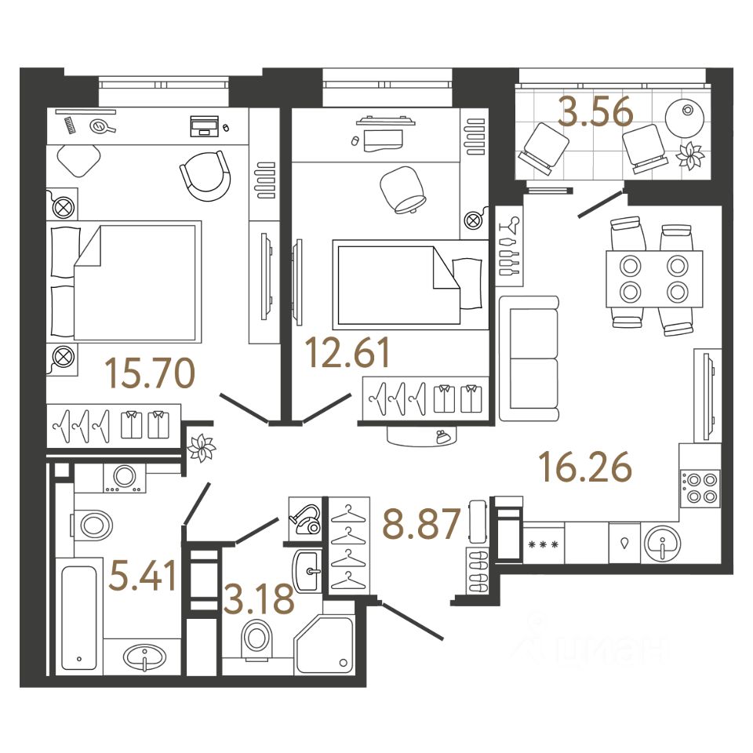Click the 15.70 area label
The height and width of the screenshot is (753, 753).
[x=151, y=375]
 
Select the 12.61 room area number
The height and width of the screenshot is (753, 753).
[x=348, y=353]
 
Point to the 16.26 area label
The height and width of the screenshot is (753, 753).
[x=584, y=468]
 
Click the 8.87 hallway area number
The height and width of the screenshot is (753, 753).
[x=421, y=524]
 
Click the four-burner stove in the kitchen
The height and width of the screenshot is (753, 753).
[x=700, y=486]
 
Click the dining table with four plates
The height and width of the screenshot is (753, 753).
[x=653, y=278]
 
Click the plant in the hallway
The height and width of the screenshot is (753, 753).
[x=202, y=449]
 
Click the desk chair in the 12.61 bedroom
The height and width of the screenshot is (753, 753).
[x=402, y=190]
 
